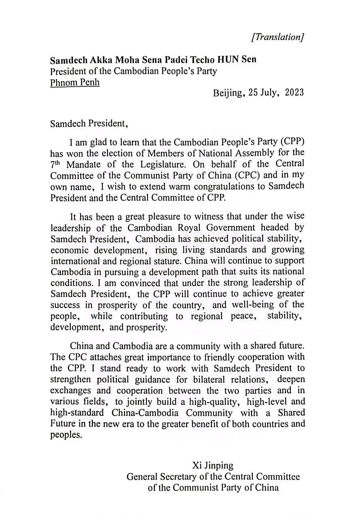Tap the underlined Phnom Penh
point(75,83)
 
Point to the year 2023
point(294,93)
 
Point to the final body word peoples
point(65,436)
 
